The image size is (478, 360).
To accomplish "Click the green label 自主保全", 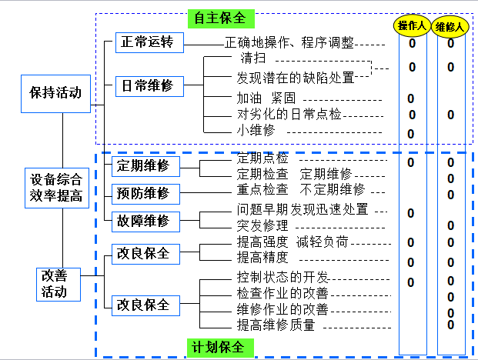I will (x=221, y=17).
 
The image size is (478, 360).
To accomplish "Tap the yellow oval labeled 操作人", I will (x=413, y=26).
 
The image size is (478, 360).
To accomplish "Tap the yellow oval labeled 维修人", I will (x=450, y=26).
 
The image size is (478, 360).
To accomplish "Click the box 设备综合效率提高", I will (x=56, y=187).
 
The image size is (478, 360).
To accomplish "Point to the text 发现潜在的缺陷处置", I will (x=296, y=78).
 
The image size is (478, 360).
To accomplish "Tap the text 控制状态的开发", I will (x=282, y=277).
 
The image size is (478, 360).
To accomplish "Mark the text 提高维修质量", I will (x=276, y=325).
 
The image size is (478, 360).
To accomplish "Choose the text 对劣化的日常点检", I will (x=289, y=115).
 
